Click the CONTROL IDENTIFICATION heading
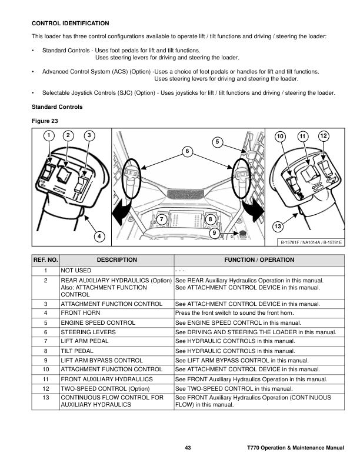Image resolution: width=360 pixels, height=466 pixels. [70, 24]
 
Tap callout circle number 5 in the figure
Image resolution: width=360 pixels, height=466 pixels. [216, 142]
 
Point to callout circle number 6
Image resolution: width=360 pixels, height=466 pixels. [187, 152]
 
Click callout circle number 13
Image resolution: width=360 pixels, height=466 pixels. [277, 227]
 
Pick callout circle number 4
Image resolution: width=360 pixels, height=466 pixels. [99, 237]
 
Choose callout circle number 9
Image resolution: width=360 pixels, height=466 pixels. [215, 232]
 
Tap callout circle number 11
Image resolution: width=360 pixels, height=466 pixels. [302, 137]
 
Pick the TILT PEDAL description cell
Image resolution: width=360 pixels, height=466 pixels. [78, 351]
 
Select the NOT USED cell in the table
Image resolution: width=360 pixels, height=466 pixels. [76, 269]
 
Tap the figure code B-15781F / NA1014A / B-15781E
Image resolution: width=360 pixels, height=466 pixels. [311, 242]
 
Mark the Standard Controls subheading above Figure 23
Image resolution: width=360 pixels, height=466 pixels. [56, 107]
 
